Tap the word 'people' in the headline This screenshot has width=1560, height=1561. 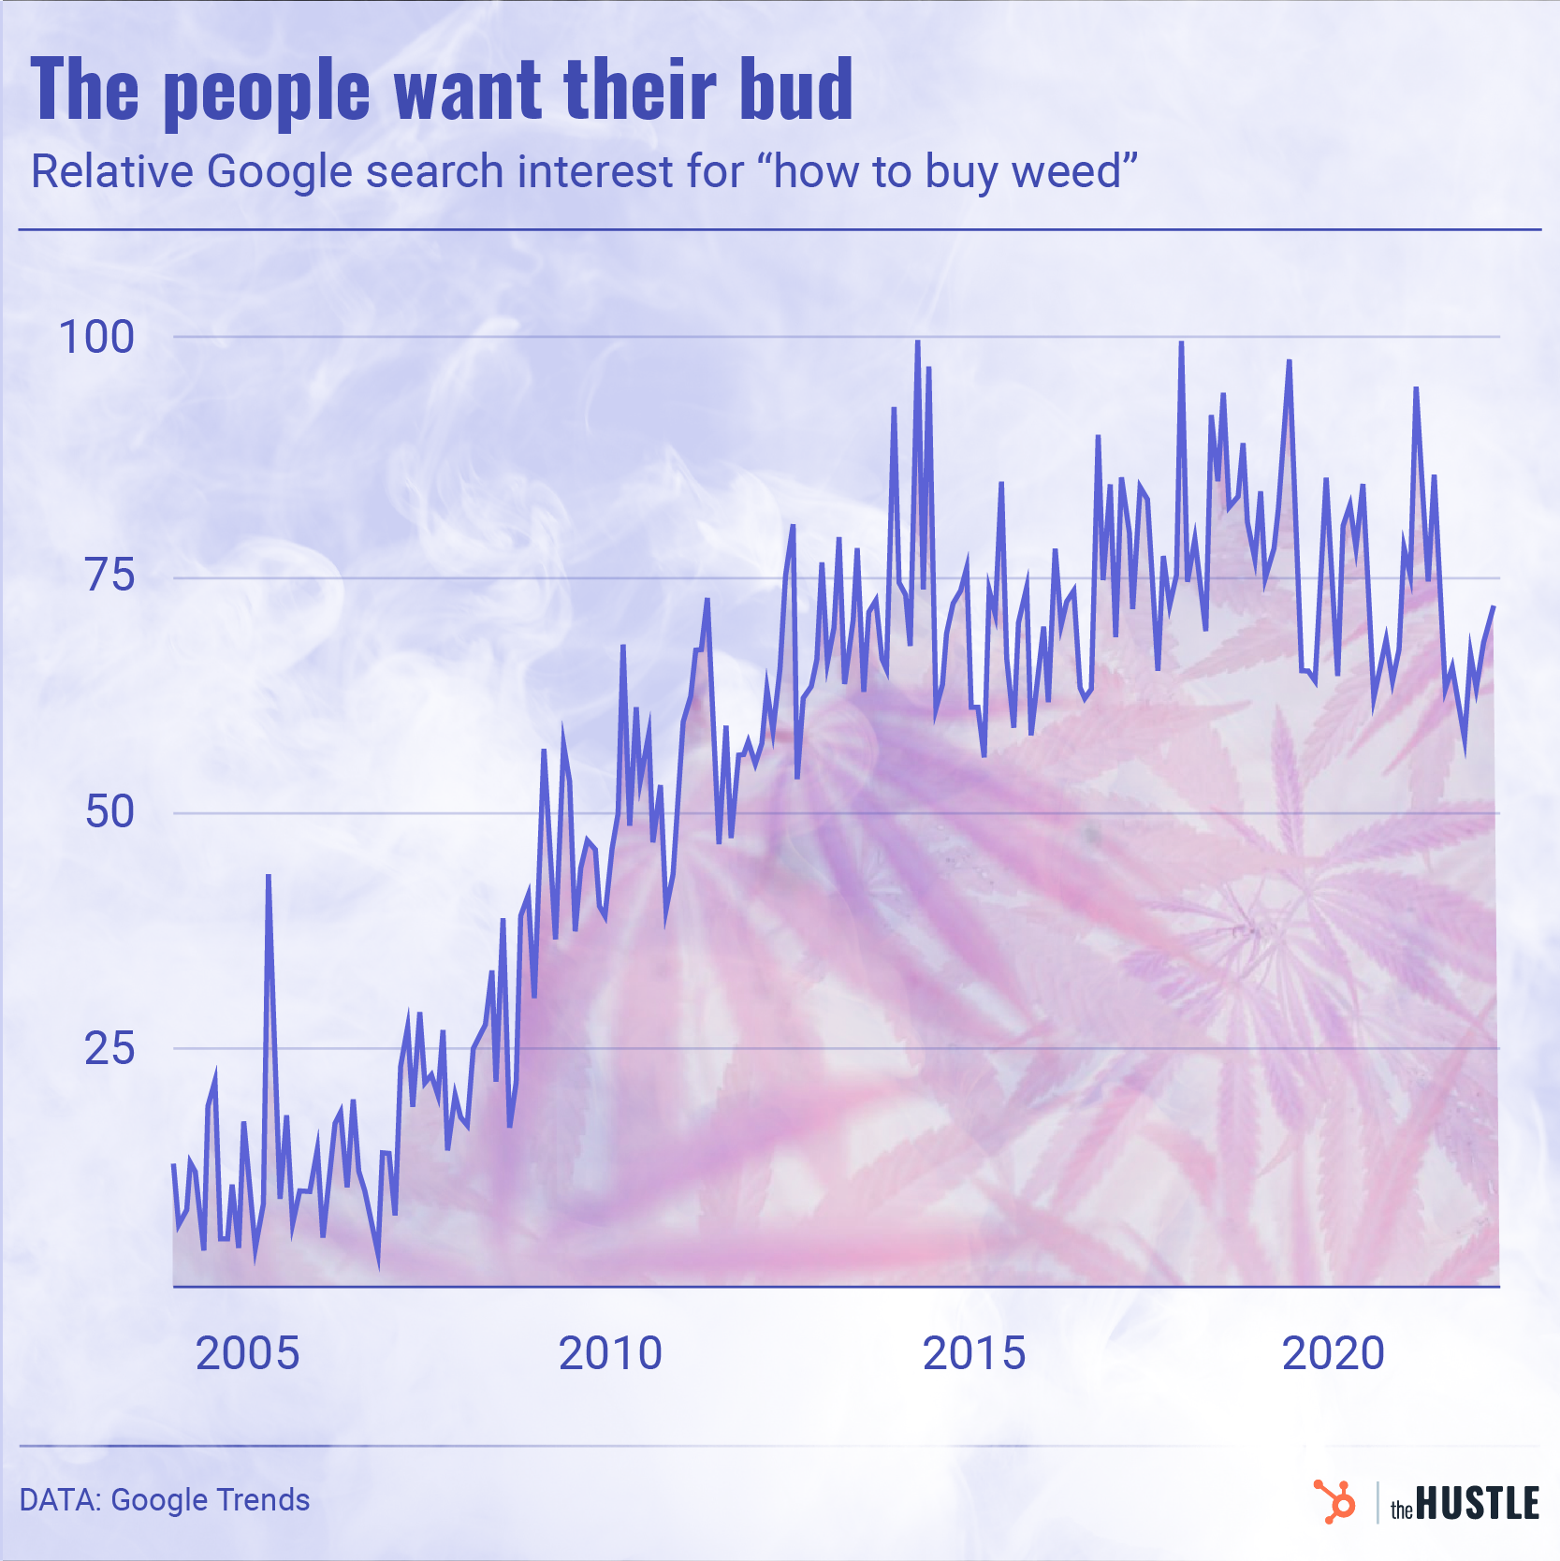[267, 93]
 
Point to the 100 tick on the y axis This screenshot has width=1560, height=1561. [96, 337]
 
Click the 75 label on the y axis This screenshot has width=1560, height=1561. [110, 575]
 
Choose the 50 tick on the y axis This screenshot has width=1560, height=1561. [110, 811]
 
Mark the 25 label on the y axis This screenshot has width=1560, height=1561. [110, 1048]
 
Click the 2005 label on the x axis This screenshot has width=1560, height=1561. [247, 1353]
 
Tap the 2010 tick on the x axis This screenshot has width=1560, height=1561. [610, 1353]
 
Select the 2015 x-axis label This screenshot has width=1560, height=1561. [974, 1353]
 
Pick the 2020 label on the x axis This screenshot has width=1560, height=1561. [1333, 1353]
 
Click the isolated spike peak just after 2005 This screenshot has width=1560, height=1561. [269, 877]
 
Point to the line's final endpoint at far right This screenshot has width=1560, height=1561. [1494, 607]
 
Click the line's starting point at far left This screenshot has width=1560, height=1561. [174, 1164]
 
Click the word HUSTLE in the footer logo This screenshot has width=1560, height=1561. [1477, 1504]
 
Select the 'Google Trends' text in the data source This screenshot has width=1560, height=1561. [211, 1500]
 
